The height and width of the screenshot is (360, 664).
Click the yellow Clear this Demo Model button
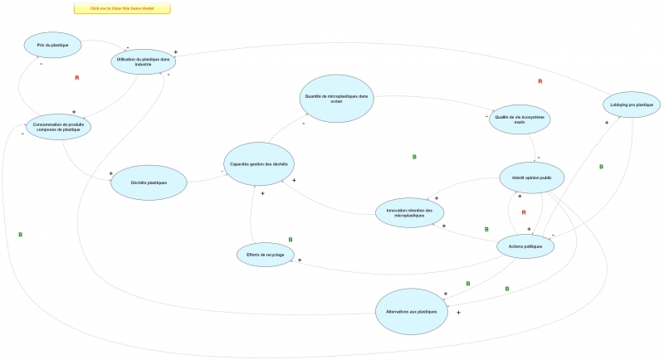tap(123, 9)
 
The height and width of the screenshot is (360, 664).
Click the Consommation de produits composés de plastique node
tap(58, 127)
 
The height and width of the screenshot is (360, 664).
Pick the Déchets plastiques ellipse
tap(149, 182)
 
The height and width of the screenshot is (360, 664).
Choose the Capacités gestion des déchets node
tap(259, 163)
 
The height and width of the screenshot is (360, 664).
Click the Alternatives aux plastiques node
tap(412, 311)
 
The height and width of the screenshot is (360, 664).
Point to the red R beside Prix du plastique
tap(76, 78)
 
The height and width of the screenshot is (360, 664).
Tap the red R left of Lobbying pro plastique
tap(539, 81)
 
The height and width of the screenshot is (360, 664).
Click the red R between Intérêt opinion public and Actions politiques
tap(524, 212)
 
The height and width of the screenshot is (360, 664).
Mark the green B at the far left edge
tap(21, 235)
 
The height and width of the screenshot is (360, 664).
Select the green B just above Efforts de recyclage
tap(290, 239)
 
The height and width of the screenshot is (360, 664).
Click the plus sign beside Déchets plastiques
tap(110, 173)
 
